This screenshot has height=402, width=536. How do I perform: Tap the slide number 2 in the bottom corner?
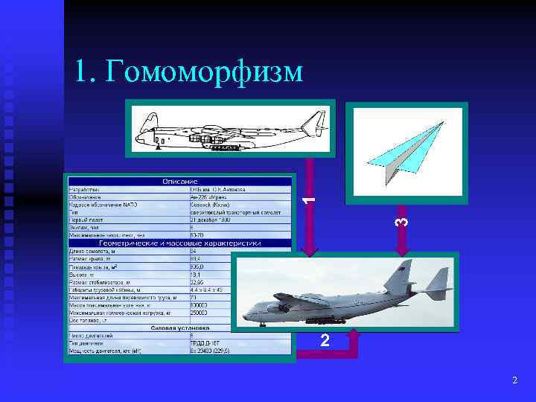coord(514,380)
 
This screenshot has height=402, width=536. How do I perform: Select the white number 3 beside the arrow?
coord(401,221)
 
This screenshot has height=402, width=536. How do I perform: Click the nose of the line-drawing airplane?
coord(138,136)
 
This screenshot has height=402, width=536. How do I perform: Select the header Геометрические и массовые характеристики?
coord(179,243)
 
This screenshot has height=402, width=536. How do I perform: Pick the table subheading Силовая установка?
coord(179,327)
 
